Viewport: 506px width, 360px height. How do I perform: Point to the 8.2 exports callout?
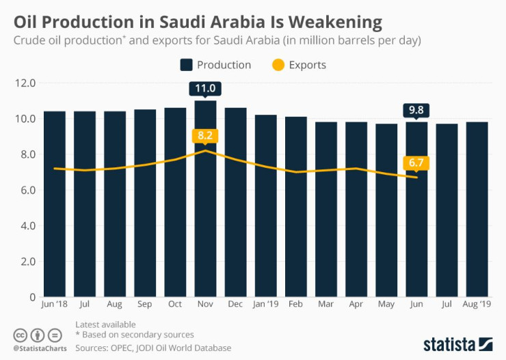205,135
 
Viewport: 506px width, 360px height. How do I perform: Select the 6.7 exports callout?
416,162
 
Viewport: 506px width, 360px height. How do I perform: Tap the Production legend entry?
216,65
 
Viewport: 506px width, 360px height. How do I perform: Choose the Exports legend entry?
299,65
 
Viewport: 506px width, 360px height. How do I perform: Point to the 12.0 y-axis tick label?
25,83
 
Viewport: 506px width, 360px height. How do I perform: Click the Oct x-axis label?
175,303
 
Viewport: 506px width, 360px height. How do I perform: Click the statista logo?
457,344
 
